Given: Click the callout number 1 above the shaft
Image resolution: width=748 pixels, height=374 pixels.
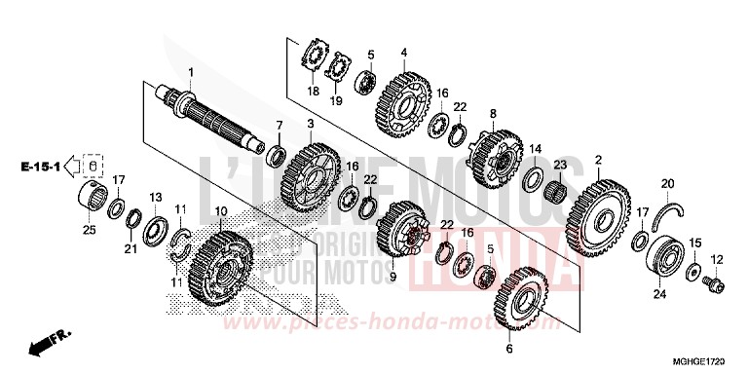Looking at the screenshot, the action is coord(191,73).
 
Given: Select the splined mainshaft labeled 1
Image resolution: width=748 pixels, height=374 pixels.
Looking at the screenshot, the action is coord(210,119).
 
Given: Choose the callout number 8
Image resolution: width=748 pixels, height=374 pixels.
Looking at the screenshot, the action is coord(493,113).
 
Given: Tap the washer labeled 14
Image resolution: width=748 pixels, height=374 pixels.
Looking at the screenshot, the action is coord(534,178).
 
